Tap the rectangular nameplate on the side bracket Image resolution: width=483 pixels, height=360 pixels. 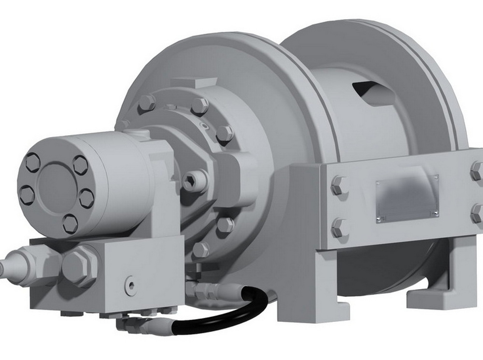point(407,198)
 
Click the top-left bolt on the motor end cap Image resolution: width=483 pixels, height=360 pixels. point(32,162)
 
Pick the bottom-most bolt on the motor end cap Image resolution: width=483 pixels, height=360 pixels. point(70,223)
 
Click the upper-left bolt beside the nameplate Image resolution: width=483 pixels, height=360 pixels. point(339,185)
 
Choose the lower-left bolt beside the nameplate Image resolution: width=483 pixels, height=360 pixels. point(340,227)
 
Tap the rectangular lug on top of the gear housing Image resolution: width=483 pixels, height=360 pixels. point(193,83)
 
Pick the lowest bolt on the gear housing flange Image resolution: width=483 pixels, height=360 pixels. point(201,249)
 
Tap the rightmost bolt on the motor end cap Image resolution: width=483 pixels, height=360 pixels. point(86,198)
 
